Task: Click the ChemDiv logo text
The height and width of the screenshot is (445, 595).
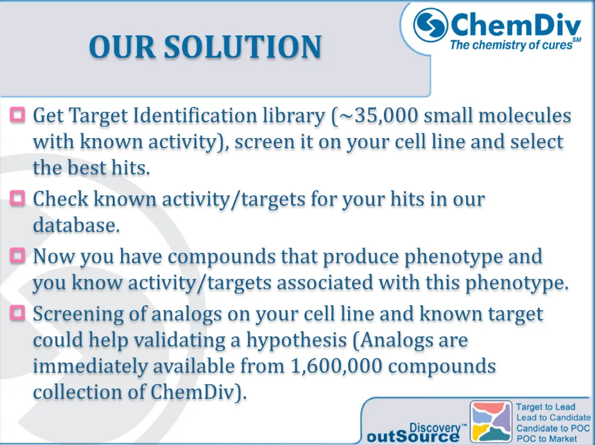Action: (x=515, y=25)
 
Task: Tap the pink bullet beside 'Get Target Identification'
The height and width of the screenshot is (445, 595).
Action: (x=18, y=114)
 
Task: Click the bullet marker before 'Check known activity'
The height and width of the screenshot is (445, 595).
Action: (x=18, y=198)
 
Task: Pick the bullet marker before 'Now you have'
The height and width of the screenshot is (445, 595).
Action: (x=18, y=255)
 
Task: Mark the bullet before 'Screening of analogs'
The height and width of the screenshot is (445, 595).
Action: (x=18, y=313)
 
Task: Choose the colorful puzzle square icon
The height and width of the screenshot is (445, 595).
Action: (x=491, y=421)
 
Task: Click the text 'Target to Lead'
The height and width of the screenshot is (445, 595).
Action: (x=546, y=407)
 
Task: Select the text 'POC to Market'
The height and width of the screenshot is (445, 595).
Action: (x=546, y=438)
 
